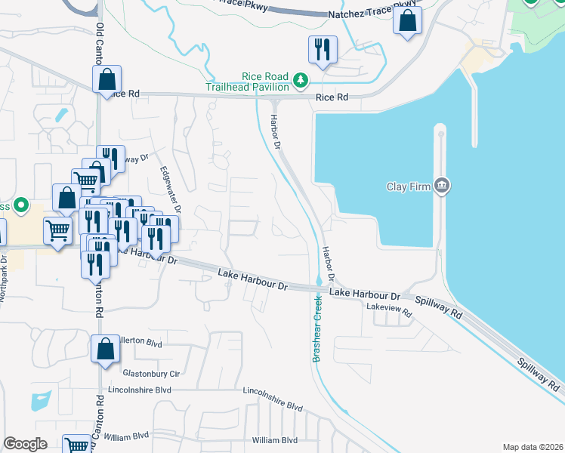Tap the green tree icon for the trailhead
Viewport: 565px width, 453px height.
coord(301,79)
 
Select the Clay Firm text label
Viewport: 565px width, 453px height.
coord(407,186)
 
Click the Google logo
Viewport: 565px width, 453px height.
coord(25,444)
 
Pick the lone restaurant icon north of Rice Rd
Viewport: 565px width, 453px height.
coord(323,50)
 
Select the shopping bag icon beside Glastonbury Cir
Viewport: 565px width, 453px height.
coord(105,350)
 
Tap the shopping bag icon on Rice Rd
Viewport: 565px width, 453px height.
coord(107,79)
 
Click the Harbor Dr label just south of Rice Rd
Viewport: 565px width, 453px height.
coord(277,130)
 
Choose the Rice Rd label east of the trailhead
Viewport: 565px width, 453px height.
coord(332,97)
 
